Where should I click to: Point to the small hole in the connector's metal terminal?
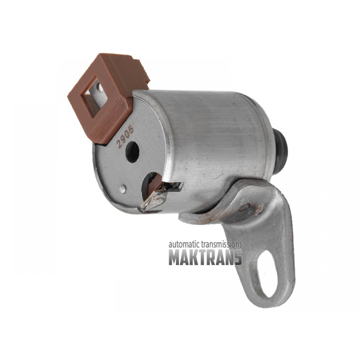tap(99, 87)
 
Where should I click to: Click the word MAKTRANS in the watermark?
tap(205, 257)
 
